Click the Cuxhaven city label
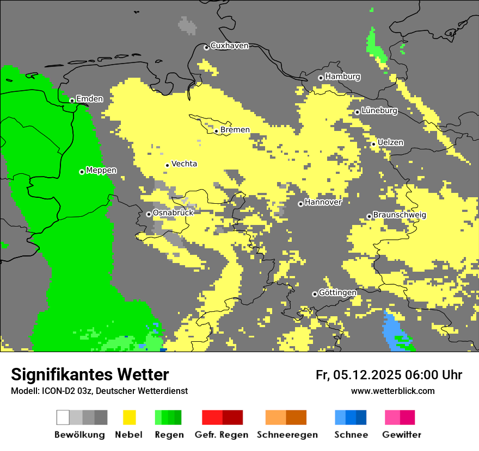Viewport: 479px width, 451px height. pyautogui.click(x=229, y=46)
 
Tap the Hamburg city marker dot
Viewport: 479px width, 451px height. pyautogui.click(x=321, y=78)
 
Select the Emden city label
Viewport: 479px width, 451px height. pyautogui.click(x=89, y=98)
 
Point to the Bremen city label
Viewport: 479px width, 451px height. pyautogui.click(x=235, y=129)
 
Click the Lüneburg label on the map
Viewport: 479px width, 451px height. pyautogui.click(x=379, y=110)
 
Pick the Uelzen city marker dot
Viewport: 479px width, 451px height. pyautogui.click(x=374, y=143)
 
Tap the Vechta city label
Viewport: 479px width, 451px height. pyautogui.click(x=184, y=164)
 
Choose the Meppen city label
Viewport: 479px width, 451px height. pyautogui.click(x=101, y=170)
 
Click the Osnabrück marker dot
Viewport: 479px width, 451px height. pyautogui.click(x=149, y=214)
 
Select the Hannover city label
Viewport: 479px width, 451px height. pyautogui.click(x=323, y=202)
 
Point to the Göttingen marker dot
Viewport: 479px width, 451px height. pyautogui.click(x=315, y=294)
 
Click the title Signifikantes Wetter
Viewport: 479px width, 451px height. pyautogui.click(x=90, y=374)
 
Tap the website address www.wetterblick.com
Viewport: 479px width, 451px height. pyautogui.click(x=392, y=391)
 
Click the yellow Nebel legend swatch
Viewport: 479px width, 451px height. pyautogui.click(x=129, y=417)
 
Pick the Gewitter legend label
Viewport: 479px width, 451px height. pyautogui.click(x=401, y=435)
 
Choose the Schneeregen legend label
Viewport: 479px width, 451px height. pyautogui.click(x=287, y=435)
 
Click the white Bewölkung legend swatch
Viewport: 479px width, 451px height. pyautogui.click(x=63, y=417)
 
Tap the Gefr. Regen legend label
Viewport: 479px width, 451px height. pyautogui.click(x=222, y=435)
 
